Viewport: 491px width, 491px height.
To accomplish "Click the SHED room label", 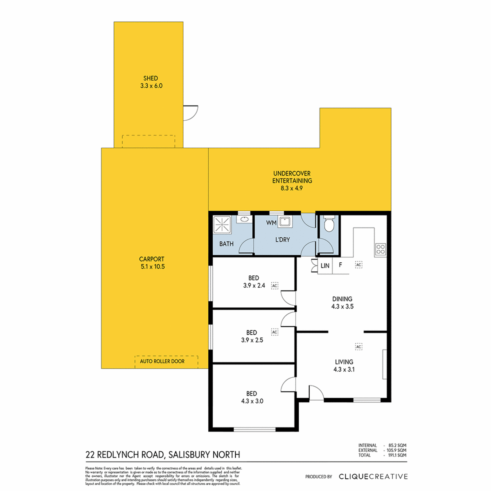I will pos(151,78).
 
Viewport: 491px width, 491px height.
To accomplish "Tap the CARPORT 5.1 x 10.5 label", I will pos(152,263).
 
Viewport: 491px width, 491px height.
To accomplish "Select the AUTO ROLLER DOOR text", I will pos(162,361).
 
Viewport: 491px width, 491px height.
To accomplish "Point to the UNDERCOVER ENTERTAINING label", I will pos(292,177).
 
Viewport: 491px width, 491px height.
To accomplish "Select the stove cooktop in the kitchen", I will pos(380,249).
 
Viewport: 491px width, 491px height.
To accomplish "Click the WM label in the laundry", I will pos(271,223).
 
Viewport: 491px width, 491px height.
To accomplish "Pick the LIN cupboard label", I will pos(325,266).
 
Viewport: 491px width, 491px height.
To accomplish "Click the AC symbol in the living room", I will pos(358,347).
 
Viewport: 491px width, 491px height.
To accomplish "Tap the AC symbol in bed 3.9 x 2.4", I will pos(275,286).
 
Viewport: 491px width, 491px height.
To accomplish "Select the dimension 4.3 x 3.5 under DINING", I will pos(342,306).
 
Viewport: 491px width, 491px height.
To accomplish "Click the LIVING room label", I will pos(344,362).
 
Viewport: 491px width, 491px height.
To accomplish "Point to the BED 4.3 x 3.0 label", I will pos(252,397).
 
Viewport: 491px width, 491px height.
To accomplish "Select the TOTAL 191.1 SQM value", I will pos(397,455).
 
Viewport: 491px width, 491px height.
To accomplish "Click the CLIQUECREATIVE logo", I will pos(373,476).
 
